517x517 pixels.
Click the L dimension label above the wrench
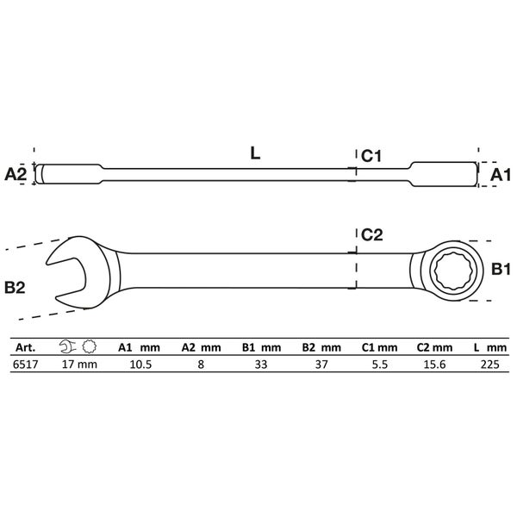256,153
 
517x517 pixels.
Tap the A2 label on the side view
16,174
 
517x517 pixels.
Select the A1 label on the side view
500,175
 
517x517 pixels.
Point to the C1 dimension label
371,156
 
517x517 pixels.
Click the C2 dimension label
372,234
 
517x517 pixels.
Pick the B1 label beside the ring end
501,269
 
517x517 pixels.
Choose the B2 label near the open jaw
15,288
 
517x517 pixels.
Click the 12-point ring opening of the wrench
456,271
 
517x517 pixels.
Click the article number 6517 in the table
25,364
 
